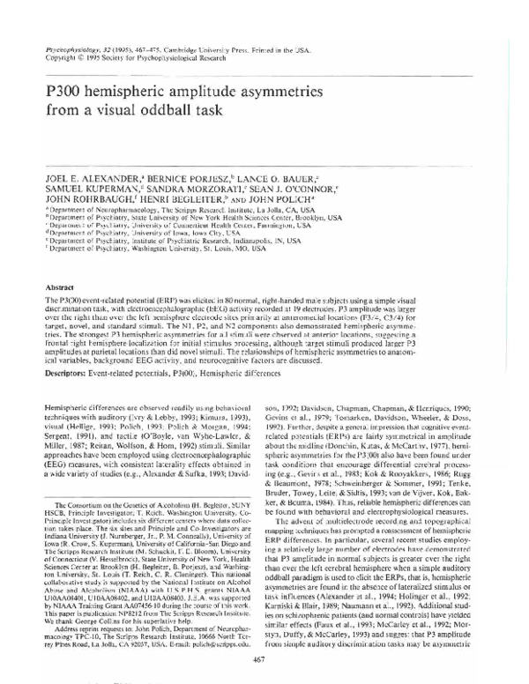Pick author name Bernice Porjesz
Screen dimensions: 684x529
tap(202, 163)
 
